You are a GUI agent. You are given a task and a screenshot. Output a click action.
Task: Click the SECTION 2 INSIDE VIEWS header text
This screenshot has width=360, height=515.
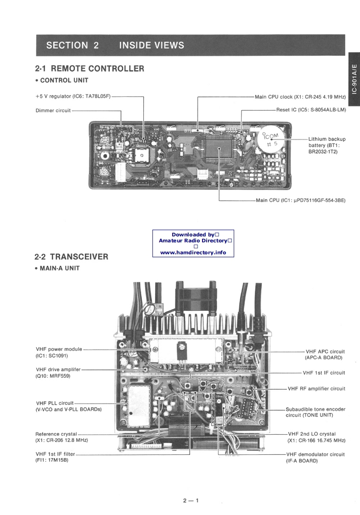pos(115,45)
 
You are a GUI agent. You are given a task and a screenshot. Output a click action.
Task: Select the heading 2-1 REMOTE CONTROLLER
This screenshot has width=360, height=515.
pos(90,69)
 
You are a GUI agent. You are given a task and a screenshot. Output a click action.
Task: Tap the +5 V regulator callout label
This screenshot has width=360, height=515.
pos(73,96)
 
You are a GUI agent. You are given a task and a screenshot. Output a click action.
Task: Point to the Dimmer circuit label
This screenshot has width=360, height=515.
pos(53,110)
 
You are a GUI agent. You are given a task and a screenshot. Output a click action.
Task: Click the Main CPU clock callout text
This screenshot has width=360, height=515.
pos(300,97)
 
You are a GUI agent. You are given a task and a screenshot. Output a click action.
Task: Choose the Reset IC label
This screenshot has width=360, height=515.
pos(311,110)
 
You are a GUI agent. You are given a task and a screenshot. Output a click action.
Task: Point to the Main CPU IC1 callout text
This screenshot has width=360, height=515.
pos(300,200)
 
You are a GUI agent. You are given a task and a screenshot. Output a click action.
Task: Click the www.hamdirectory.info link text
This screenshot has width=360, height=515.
pos(193,252)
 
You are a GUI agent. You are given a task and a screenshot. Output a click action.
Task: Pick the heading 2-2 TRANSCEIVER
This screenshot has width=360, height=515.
pos(71,257)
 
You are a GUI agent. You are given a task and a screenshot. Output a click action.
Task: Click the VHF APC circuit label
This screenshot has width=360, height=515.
pos(325,354)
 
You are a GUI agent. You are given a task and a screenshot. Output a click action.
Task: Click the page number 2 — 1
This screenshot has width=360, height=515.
pos(190,500)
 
